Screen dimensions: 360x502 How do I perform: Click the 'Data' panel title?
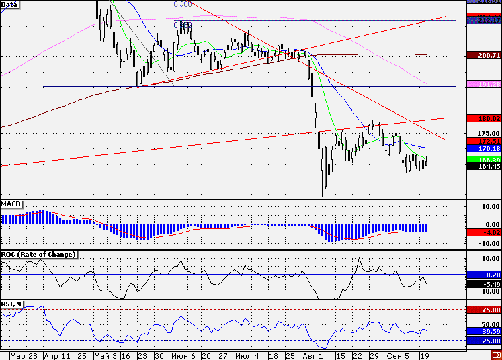tap(9, 4)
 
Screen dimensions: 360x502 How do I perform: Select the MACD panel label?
tap(11, 203)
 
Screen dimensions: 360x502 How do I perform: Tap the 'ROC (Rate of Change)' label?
tap(38, 254)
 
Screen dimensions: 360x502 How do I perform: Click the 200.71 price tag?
tap(483, 54)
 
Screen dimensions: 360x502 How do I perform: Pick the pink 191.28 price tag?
tap(483, 85)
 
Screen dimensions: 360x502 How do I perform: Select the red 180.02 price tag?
tap(483, 118)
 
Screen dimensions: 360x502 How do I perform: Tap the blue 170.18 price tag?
tap(483, 148)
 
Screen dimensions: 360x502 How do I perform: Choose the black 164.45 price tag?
tap(483, 166)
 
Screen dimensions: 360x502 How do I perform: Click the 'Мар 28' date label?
tap(23, 355)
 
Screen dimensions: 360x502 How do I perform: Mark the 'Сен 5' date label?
tap(397, 355)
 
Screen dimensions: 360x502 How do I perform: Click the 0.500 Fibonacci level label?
tap(182, 4)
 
